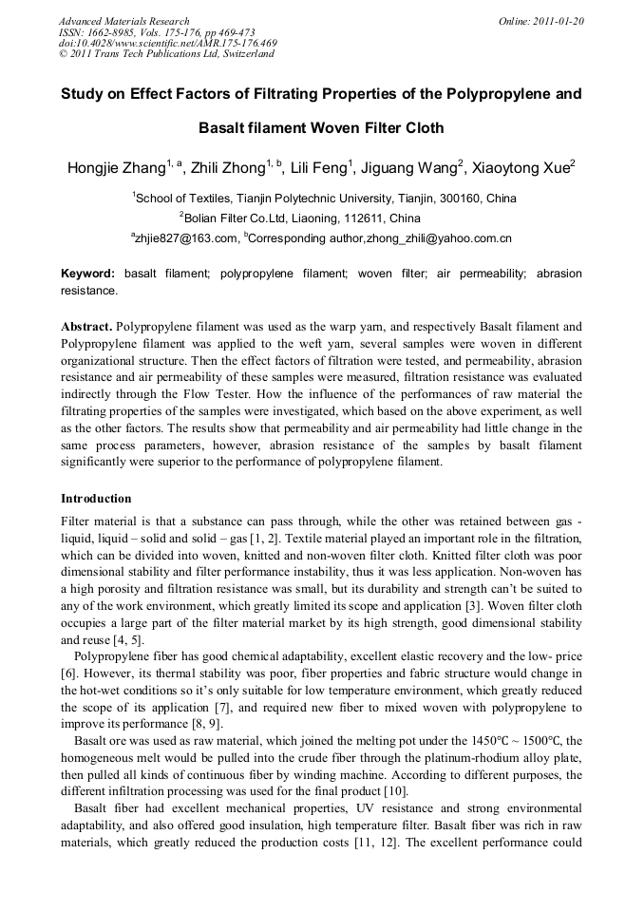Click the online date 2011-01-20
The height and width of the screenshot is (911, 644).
557,21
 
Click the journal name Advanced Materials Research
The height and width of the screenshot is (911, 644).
123,21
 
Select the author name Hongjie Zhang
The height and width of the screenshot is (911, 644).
116,169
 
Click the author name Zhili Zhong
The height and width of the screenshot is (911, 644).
228,169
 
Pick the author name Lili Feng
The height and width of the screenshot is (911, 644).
319,169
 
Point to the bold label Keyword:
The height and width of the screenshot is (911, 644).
87,274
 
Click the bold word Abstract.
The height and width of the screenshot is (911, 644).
86,326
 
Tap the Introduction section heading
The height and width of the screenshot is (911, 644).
96,498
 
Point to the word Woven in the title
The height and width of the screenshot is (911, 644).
314,126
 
